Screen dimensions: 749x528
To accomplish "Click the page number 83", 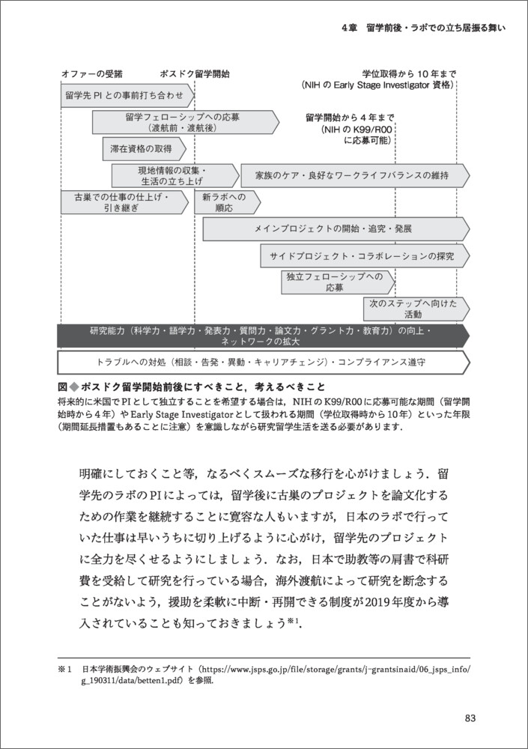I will (x=470, y=718).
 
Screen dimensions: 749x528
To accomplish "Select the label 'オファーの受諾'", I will (x=91, y=75).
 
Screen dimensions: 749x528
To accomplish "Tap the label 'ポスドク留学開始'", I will (x=195, y=75).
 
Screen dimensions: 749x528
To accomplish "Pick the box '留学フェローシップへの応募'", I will (x=183, y=122).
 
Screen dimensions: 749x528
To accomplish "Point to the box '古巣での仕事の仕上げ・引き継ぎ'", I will (x=121, y=202).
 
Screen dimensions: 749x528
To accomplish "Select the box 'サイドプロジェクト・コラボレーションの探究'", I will (x=364, y=256).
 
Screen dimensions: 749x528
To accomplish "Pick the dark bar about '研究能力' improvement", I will (x=262, y=336).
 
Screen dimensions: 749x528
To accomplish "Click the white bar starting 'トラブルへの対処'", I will (x=262, y=363).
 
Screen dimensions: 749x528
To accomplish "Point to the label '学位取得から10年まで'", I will (x=408, y=75).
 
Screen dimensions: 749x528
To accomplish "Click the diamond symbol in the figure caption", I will (x=73, y=387).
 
